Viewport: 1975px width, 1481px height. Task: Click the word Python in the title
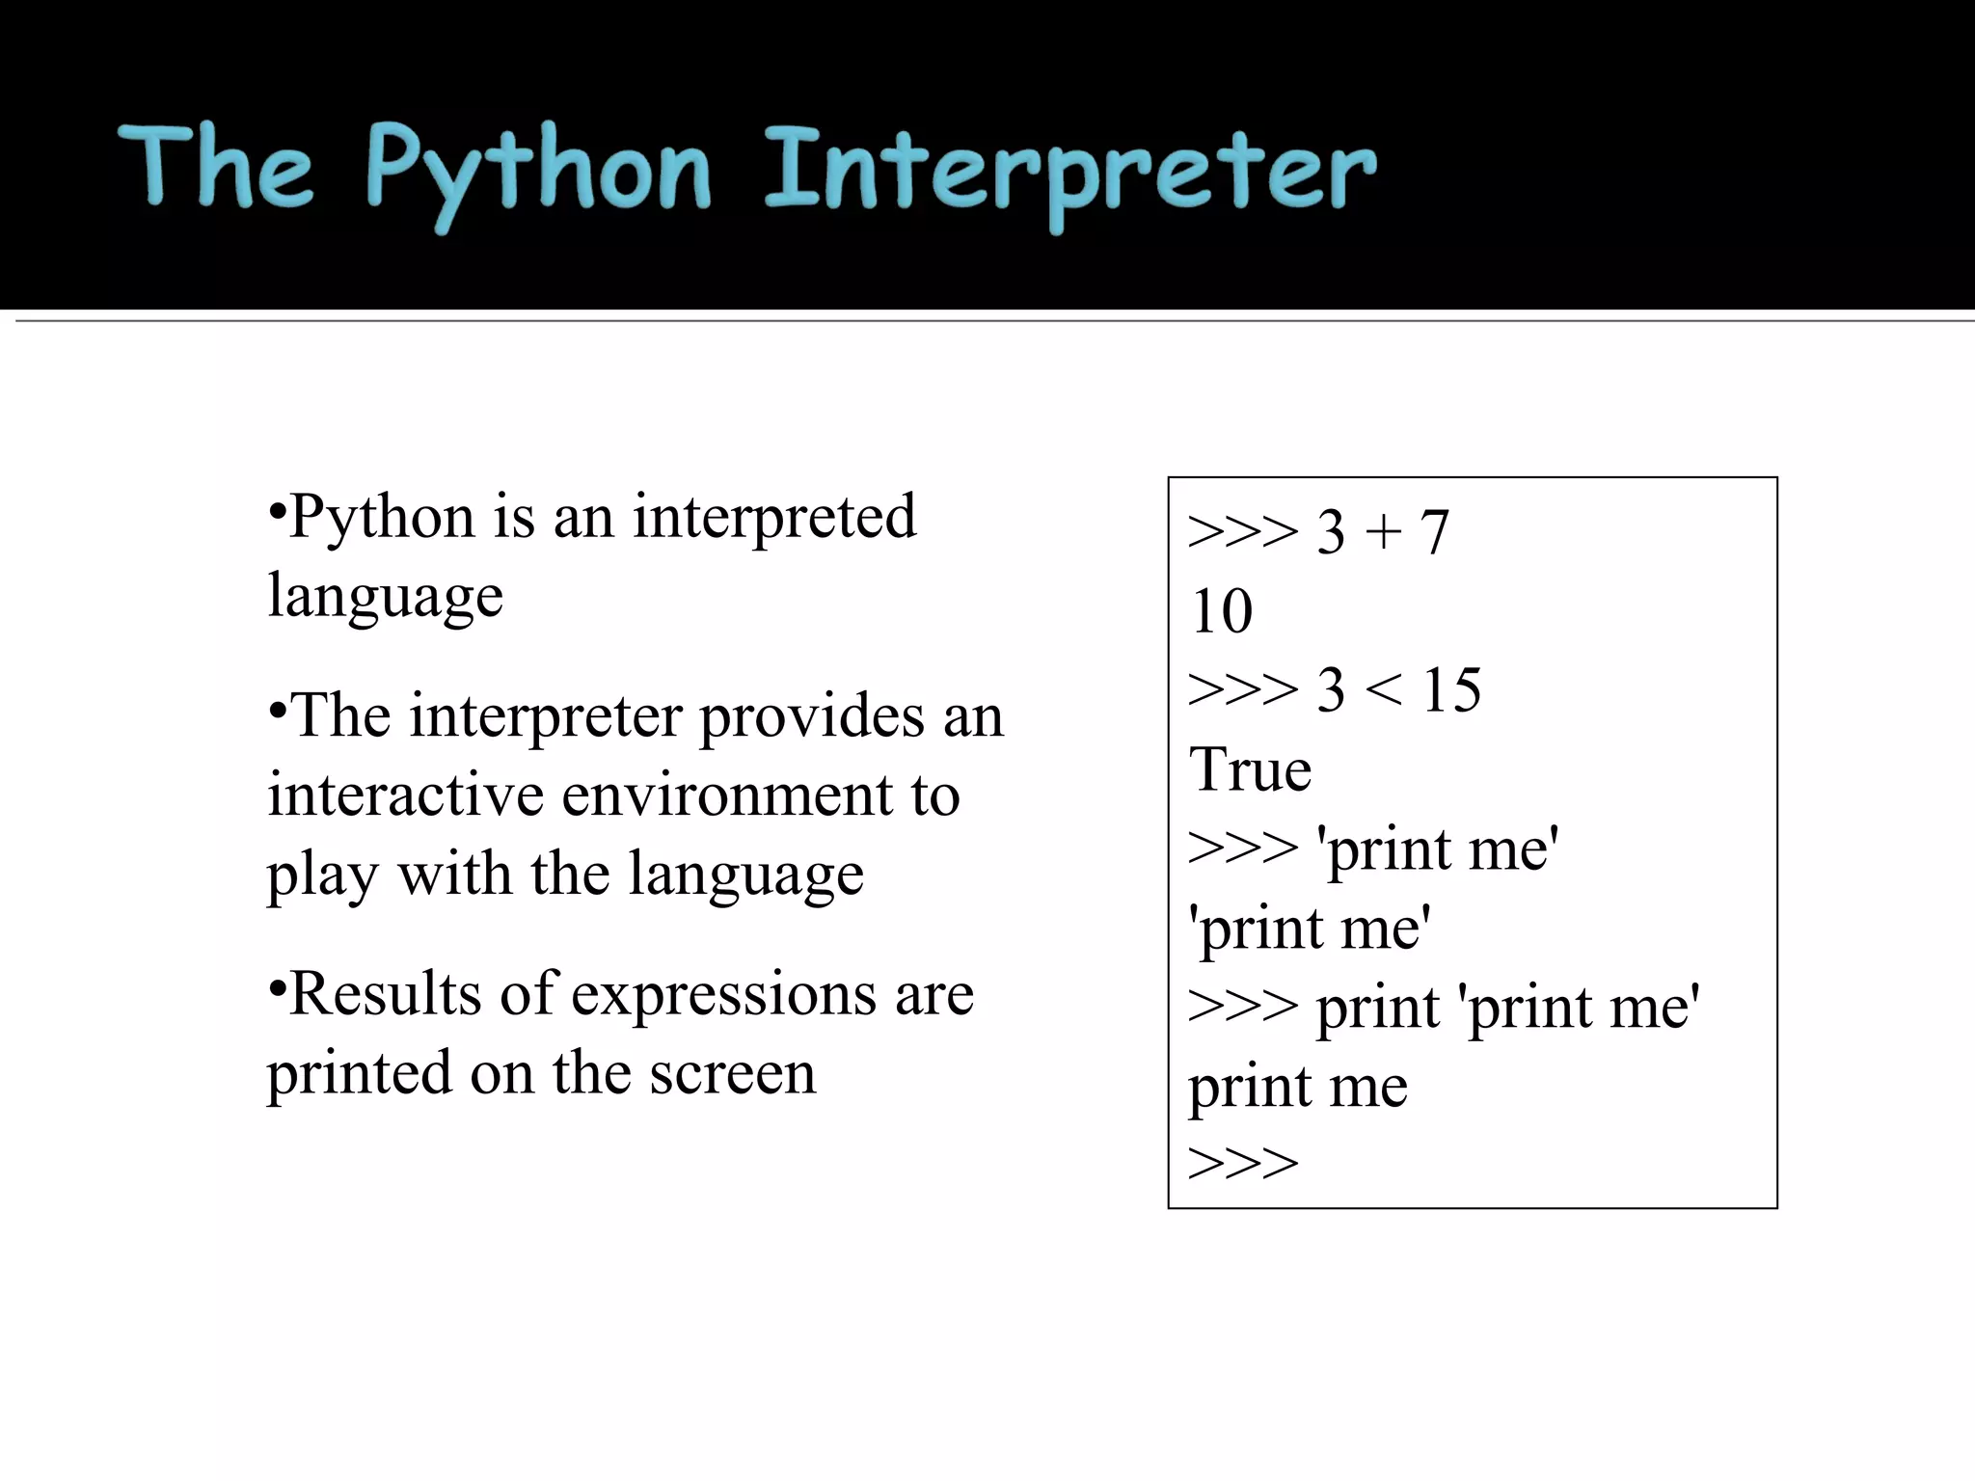tap(538, 174)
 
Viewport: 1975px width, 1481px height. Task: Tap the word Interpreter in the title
tap(1070, 174)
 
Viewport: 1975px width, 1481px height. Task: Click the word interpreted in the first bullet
tap(773, 517)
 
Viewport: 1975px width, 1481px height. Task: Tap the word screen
tap(732, 1073)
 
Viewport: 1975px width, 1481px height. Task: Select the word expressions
tap(723, 996)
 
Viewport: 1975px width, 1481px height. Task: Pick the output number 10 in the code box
tap(1222, 611)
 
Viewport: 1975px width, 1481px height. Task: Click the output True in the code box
tap(1250, 770)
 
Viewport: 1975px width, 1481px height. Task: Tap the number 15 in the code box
tap(1451, 690)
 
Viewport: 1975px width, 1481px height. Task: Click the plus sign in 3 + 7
tap(1383, 532)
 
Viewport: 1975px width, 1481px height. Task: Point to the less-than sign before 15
tap(1384, 691)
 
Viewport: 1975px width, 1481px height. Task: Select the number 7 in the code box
tap(1434, 532)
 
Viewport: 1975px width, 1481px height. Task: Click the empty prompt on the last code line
tap(1243, 1164)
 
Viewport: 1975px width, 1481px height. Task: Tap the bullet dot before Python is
tap(277, 508)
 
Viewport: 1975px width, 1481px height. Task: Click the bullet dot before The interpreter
tap(277, 709)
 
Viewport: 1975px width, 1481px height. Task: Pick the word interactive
tap(406, 795)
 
